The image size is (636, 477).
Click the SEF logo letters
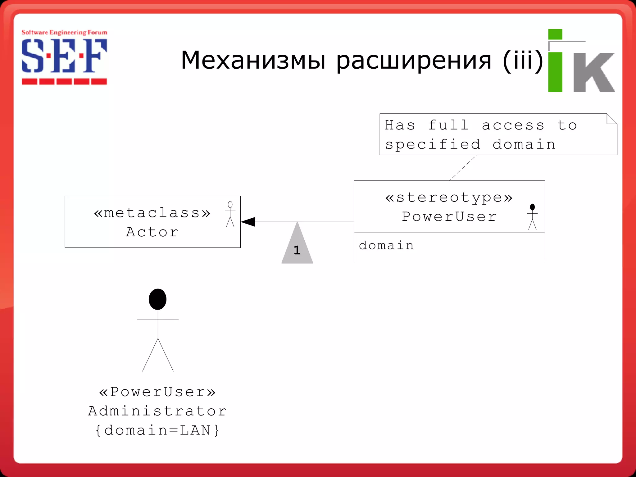point(64,56)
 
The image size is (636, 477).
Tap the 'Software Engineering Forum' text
point(64,32)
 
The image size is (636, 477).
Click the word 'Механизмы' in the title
point(253,60)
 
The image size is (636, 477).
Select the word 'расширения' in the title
point(414,61)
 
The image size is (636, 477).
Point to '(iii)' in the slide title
point(523,60)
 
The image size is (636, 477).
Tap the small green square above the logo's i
point(555,34)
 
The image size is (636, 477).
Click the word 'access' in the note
point(513,125)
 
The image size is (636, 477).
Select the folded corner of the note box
point(611,119)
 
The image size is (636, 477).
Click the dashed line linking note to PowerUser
point(463,168)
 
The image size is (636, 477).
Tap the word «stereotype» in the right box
point(449,198)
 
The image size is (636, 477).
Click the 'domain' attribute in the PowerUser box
point(386,246)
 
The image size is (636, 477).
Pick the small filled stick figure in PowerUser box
point(532,216)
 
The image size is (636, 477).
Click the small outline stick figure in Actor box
point(230,214)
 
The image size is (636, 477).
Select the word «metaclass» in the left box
point(152,213)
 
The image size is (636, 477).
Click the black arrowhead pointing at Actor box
point(248,222)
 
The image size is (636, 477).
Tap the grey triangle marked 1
point(297,247)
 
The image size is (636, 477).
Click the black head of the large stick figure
point(157,299)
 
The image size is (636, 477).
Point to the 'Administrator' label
point(157,411)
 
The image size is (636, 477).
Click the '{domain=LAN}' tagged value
point(157,430)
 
